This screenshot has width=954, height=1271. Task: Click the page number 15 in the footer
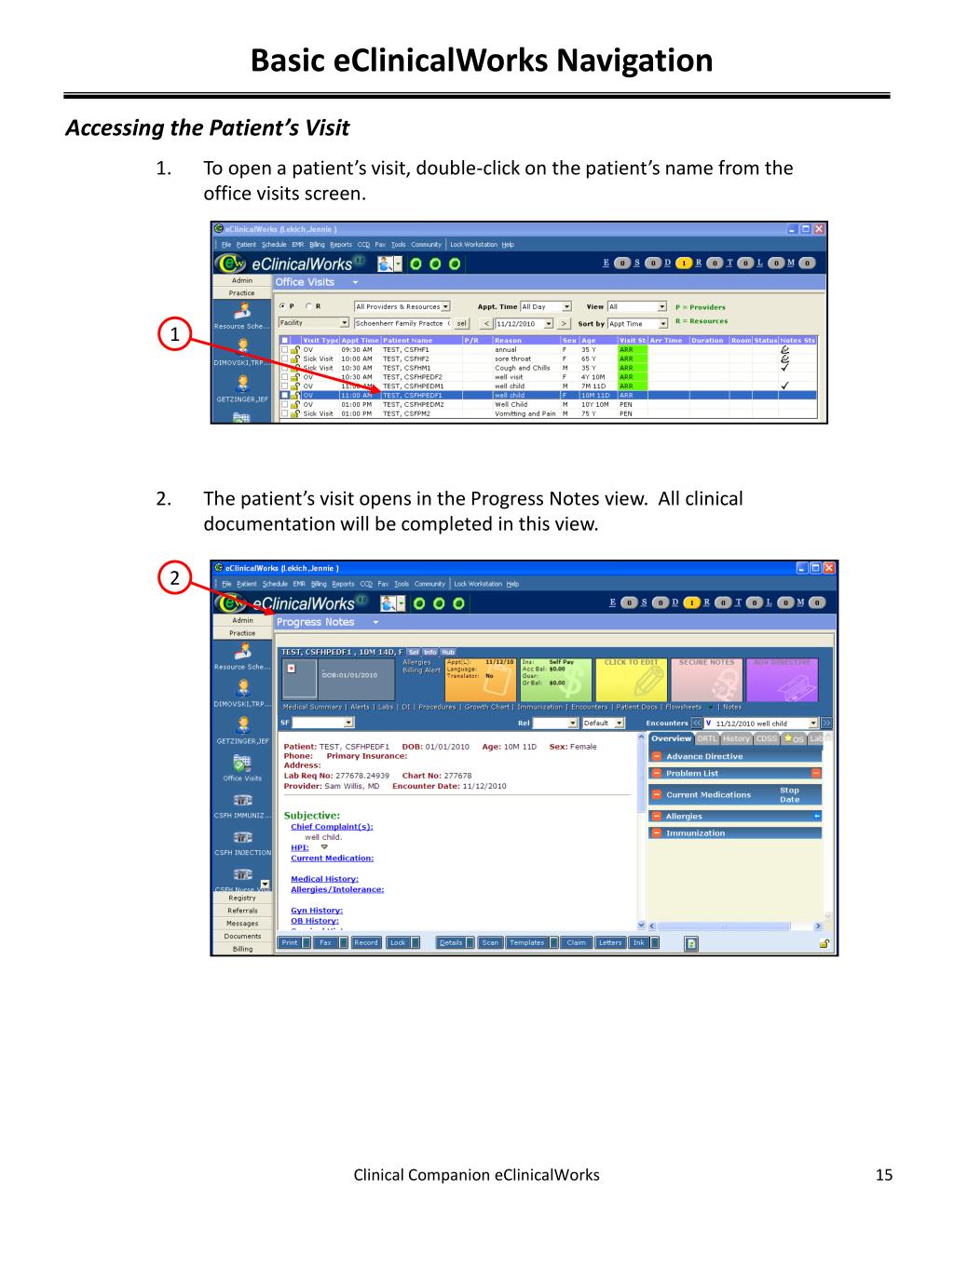click(883, 1175)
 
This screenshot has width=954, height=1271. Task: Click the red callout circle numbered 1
click(173, 333)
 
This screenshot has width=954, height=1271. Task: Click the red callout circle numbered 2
click(173, 578)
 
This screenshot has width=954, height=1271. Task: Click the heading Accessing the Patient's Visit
click(207, 128)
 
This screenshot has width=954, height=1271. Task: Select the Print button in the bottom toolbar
click(290, 942)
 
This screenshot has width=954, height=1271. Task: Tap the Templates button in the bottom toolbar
click(526, 942)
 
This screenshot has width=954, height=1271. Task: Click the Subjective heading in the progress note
click(311, 815)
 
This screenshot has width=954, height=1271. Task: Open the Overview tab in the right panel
click(671, 738)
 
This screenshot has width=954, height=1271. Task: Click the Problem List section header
click(691, 773)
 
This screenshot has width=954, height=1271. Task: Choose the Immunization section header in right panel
click(695, 832)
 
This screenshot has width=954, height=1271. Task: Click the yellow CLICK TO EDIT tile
click(631, 680)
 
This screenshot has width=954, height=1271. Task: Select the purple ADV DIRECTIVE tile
click(782, 680)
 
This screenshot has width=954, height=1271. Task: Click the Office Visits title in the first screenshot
click(305, 281)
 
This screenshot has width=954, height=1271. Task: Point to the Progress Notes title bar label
click(315, 622)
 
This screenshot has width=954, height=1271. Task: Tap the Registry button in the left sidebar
click(241, 898)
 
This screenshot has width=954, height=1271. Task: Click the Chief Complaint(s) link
click(332, 826)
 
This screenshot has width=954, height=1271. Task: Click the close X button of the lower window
click(828, 568)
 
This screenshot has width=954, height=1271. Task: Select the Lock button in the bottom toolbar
click(398, 942)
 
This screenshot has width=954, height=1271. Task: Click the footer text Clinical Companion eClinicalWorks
click(476, 1175)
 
